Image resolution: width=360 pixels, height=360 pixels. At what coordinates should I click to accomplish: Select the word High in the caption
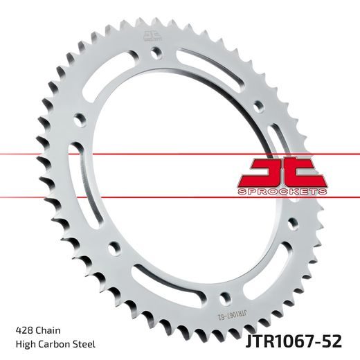[24, 344]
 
